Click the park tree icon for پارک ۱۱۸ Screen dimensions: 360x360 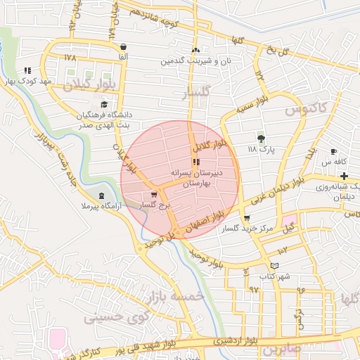point(262,139)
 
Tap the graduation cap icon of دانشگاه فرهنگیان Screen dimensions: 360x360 point(104,103)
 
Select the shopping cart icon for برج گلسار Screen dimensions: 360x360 point(154,195)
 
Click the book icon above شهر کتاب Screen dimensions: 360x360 point(274,266)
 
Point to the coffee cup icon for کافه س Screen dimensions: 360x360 point(333,152)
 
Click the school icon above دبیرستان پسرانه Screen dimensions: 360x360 point(195,162)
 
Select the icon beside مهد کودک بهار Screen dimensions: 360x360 point(27,71)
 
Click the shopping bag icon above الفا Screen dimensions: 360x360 point(123,46)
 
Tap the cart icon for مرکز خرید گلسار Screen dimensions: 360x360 point(246,218)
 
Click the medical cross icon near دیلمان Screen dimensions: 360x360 point(344,174)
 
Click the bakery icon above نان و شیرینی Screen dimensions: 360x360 point(195,51)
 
